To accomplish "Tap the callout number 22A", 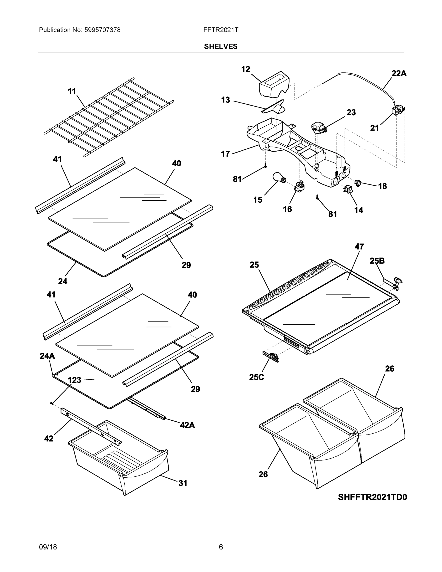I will point(399,74).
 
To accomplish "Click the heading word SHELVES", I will point(221,46).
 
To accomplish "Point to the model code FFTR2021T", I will point(221,30).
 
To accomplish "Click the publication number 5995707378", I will point(102,30).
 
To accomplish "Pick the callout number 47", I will point(359,246).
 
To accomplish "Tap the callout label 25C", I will point(256,377).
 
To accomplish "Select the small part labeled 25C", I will point(271,357).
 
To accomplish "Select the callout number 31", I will point(183,483).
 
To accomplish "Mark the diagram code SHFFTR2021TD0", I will point(372,497).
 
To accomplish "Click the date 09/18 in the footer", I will point(48,547).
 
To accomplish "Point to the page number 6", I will point(221,547).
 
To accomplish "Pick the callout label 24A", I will point(47,356).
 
